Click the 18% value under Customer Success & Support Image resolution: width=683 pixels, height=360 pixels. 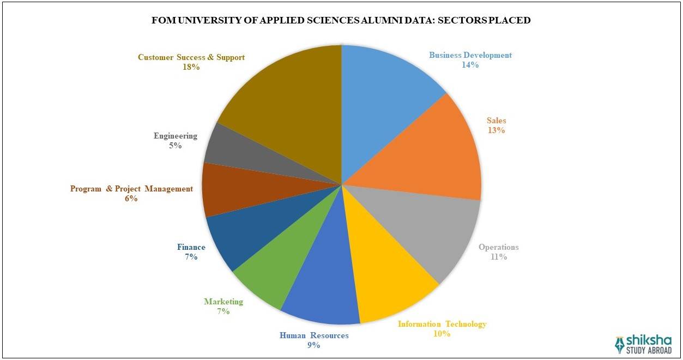(x=191, y=67)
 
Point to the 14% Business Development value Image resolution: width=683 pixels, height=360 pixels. (x=470, y=65)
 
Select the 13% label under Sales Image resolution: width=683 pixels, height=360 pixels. (x=496, y=130)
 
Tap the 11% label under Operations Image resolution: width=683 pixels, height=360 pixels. (x=498, y=257)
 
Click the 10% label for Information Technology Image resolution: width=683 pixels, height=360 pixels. (x=442, y=334)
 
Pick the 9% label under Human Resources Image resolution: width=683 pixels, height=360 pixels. (x=313, y=345)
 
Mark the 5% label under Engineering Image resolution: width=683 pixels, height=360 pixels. (x=175, y=146)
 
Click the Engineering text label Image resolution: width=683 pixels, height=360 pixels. (x=175, y=136)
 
